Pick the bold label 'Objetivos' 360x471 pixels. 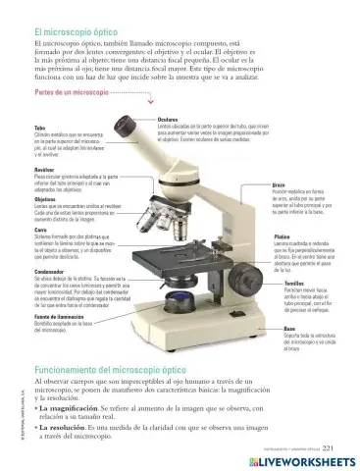tap(45, 197)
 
